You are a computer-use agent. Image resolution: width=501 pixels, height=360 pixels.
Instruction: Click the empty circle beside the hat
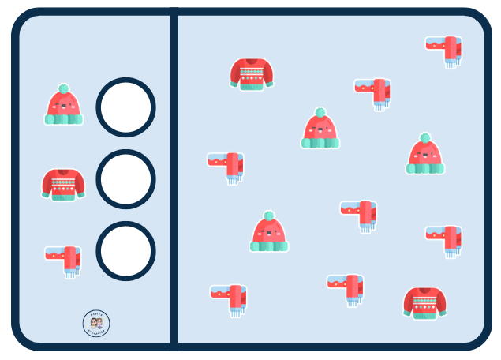click(125, 107)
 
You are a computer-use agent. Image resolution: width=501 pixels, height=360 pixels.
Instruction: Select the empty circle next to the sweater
click(125, 179)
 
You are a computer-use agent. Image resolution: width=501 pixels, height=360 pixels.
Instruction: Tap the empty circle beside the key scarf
click(125, 251)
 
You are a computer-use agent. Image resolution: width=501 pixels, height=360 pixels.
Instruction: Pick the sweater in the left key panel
click(63, 184)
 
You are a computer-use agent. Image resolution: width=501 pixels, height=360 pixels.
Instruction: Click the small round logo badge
click(96, 323)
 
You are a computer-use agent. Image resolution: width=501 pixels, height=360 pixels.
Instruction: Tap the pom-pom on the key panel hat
click(64, 88)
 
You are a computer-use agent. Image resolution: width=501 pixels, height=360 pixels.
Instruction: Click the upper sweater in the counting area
click(252, 73)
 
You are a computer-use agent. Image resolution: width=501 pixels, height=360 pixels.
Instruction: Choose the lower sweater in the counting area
click(425, 302)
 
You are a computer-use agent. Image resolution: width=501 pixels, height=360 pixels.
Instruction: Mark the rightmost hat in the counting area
click(425, 156)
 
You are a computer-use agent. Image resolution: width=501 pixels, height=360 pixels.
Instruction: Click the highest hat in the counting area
click(320, 129)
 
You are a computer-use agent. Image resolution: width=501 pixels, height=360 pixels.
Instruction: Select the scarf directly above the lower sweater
click(445, 239)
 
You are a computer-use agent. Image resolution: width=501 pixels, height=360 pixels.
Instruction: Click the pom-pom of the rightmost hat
click(425, 138)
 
